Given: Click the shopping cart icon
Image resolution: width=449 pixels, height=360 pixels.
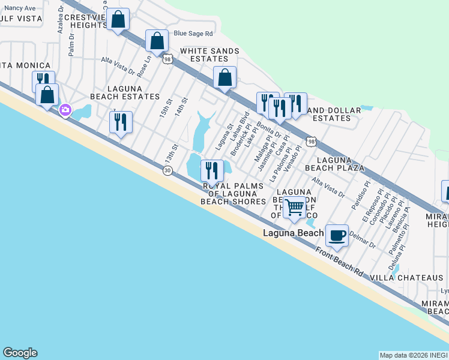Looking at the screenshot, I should click(x=294, y=207).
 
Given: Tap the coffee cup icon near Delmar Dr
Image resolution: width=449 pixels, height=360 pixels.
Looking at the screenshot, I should click(x=337, y=234).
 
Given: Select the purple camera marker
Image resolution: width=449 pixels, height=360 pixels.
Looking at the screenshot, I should click(x=65, y=110).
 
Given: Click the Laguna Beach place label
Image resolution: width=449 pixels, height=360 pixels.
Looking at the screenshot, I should click(x=293, y=232).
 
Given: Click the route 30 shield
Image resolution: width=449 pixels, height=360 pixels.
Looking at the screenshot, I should click(x=167, y=171).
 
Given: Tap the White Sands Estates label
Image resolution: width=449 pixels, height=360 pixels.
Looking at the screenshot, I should click(x=206, y=55).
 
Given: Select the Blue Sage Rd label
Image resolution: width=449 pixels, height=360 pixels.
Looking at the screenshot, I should click(x=193, y=34).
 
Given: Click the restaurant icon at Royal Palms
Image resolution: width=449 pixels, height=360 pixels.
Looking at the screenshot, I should click(x=211, y=170).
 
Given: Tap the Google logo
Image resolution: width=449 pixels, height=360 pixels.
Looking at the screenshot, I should click(x=20, y=353).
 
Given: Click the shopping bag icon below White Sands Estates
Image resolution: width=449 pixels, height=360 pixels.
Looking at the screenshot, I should click(x=224, y=77).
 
